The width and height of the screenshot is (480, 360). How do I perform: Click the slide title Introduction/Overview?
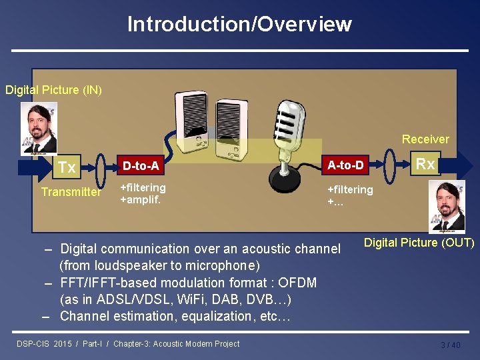pyautogui.click(x=239, y=24)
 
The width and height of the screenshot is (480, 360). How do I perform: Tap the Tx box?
pyautogui.click(x=67, y=167)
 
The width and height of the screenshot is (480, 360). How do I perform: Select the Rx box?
pyautogui.click(x=425, y=164)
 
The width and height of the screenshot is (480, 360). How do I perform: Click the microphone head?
pyautogui.click(x=287, y=119)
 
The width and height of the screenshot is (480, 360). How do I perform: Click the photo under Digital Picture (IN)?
pyautogui.click(x=39, y=128)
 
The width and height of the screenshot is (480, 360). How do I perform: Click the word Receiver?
pyautogui.click(x=425, y=139)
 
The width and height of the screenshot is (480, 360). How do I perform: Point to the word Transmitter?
pyautogui.click(x=71, y=192)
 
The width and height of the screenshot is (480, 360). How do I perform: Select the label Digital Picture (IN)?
pyautogui.click(x=53, y=89)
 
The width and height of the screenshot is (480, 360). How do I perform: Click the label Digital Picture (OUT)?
pyautogui.click(x=419, y=243)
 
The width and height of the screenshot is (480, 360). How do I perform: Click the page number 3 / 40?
pyautogui.click(x=450, y=345)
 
